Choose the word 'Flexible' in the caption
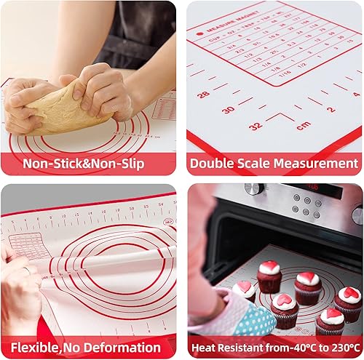(34, 348)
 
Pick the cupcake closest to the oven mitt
(245, 291)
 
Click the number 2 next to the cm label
(331, 110)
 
